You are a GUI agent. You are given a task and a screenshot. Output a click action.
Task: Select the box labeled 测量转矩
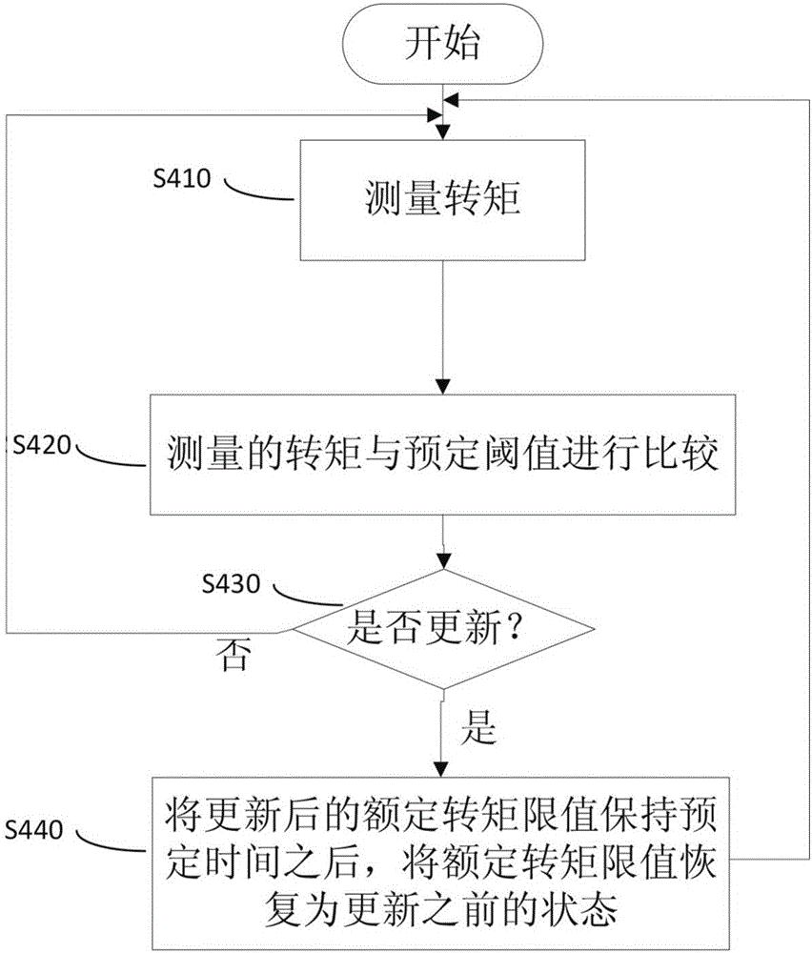click(x=442, y=200)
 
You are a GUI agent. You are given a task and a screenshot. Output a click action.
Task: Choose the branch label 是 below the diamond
click(x=477, y=729)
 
